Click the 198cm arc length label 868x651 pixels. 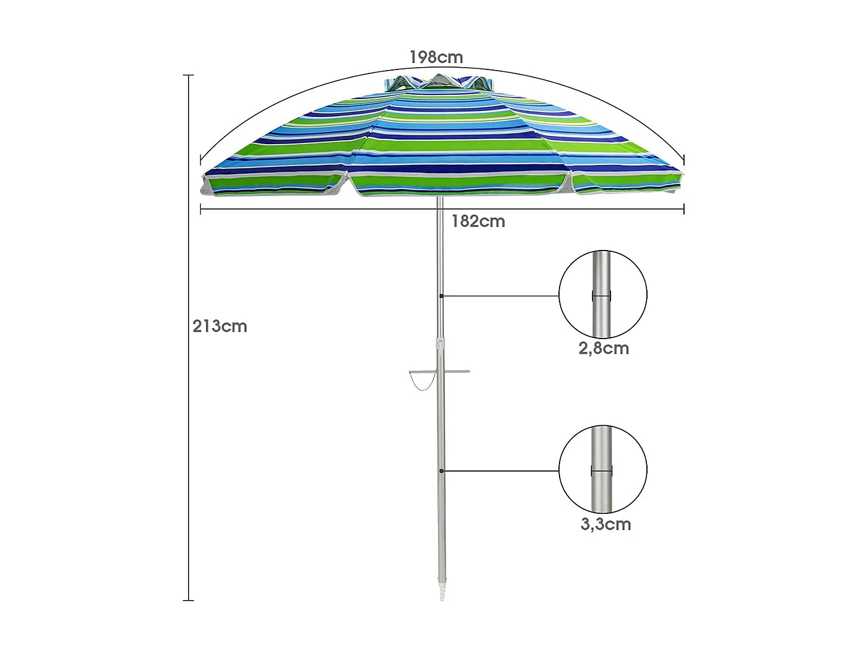pyautogui.click(x=436, y=57)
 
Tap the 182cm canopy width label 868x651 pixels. pyautogui.click(x=478, y=221)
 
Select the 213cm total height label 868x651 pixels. pyautogui.click(x=220, y=326)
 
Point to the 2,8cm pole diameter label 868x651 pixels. pyautogui.click(x=604, y=348)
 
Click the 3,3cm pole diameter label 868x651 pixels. pyautogui.click(x=605, y=524)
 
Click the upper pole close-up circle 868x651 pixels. pyautogui.click(x=602, y=295)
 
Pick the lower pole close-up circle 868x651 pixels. pyautogui.click(x=602, y=469)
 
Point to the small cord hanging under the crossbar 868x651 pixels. pyautogui.click(x=420, y=382)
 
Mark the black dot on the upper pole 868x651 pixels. pyautogui.click(x=442, y=296)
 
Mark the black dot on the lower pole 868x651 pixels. pyautogui.click(x=442, y=471)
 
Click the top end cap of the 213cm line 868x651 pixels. pyautogui.click(x=188, y=75)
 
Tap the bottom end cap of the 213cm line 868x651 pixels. pyautogui.click(x=188, y=600)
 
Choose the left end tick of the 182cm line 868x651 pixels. pyautogui.click(x=200, y=209)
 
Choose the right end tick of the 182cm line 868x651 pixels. pyautogui.click(x=684, y=209)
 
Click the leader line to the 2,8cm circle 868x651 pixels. pyautogui.click(x=501, y=296)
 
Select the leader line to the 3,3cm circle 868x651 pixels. pyautogui.click(x=501, y=471)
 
